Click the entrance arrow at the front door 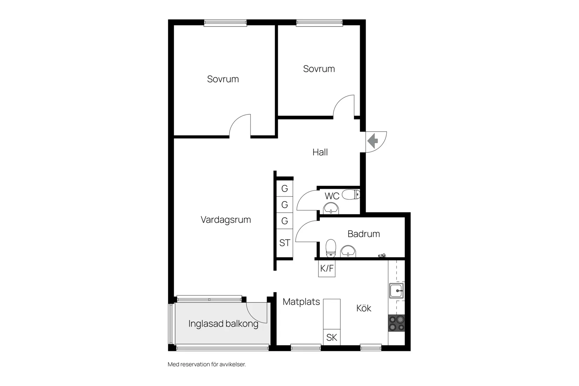pos(373,141)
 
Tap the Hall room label pos(320,152)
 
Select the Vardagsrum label pos(226,220)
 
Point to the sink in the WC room pos(331,208)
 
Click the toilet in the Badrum pos(331,248)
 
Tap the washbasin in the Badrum pos(348,251)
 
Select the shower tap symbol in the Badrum pos(382,256)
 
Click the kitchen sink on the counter pos(397,291)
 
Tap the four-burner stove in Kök pos(397,323)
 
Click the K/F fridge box pos(327,269)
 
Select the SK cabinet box pos(332,337)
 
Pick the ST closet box pos(285,243)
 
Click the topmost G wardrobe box pos(285,189)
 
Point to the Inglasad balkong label pos(223,324)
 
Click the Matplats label pos(301,302)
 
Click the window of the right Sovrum pos(319,23)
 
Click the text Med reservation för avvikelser pos(207,364)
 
